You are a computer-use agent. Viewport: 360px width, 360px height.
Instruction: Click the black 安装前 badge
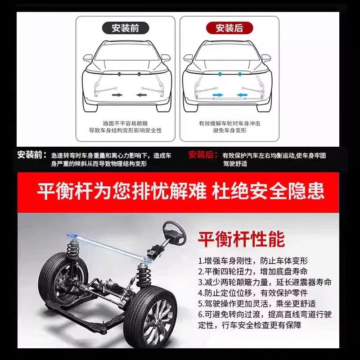pyautogui.click(x=126, y=28)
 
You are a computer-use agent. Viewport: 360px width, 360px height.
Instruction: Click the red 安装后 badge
pyautogui.click(x=229, y=28)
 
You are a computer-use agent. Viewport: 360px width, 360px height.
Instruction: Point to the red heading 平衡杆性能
pyautogui.click(x=242, y=239)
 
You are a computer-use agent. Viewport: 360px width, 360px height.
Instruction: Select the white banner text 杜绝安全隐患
pyautogui.click(x=268, y=191)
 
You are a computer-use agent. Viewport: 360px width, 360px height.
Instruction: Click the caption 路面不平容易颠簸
pyautogui.click(x=125, y=123)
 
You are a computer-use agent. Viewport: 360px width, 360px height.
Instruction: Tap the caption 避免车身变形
pyautogui.click(x=229, y=130)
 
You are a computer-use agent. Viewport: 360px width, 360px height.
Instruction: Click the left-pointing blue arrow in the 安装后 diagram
pyautogui.click(x=242, y=94)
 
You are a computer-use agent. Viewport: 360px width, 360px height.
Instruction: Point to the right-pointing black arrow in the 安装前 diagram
pyautogui.click(x=117, y=94)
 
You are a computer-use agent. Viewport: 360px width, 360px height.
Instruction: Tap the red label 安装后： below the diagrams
pyautogui.click(x=203, y=155)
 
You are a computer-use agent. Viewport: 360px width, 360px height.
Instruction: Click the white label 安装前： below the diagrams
pyautogui.click(x=32, y=155)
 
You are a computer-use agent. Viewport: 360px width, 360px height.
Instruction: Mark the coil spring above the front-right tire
pyautogui.click(x=144, y=274)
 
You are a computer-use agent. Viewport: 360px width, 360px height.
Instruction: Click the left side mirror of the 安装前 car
pyautogui.click(x=88, y=58)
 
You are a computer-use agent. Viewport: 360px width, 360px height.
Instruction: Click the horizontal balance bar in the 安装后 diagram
pyautogui.click(x=229, y=99)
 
